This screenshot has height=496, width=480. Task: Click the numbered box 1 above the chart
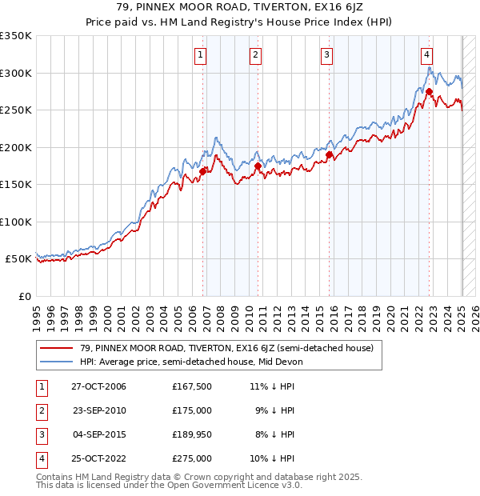199,55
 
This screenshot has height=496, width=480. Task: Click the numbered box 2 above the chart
254,55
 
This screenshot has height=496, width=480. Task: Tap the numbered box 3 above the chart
327,55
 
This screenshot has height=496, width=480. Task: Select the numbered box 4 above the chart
427,55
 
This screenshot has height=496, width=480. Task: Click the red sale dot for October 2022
430,91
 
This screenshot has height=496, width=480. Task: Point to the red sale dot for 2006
203,170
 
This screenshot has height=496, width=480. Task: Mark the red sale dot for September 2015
330,154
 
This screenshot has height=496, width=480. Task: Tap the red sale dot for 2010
258,166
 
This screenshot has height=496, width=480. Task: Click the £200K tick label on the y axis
16,147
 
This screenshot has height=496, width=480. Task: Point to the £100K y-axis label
16,222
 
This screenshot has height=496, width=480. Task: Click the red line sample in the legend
58,348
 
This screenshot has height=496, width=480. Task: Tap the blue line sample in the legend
58,362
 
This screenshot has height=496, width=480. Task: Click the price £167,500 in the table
191,386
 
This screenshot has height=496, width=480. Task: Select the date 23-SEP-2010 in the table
99,410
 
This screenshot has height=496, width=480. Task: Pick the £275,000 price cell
191,458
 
